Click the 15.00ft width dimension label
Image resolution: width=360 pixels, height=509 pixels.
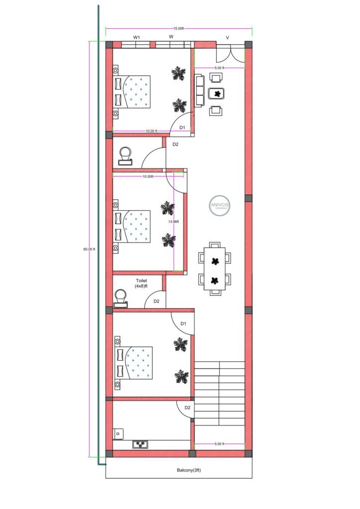tap(179, 28)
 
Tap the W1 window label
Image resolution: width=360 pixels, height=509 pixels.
tap(136, 38)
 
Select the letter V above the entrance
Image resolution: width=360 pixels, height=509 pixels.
tap(228, 38)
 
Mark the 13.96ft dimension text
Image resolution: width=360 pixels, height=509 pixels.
tap(173, 221)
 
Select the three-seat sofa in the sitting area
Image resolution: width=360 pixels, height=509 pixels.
tap(199, 90)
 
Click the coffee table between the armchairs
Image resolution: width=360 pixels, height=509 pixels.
tap(216, 93)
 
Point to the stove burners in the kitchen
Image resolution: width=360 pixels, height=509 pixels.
tap(141, 444)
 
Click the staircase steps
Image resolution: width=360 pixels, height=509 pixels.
tap(219, 393)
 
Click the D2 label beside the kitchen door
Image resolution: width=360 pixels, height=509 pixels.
tap(187, 408)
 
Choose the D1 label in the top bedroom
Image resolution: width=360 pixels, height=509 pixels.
tap(182, 128)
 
